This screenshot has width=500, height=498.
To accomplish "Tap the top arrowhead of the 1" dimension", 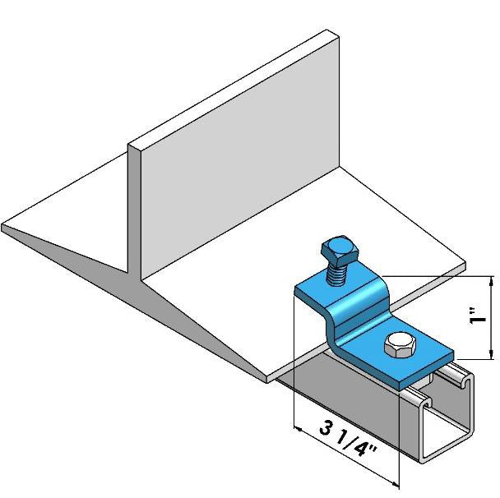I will point(492,283).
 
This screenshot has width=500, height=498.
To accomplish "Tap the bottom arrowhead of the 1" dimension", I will point(492,353).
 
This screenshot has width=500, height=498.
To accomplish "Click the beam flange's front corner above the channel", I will point(271,380).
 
